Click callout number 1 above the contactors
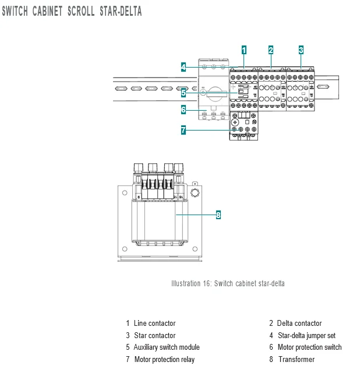tap(244, 50)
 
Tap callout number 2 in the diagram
tap(271, 50)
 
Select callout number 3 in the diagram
tap(301, 50)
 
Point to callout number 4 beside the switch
tap(183, 67)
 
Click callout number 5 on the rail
tap(183, 93)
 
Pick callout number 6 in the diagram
tap(183, 110)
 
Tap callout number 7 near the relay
tap(183, 130)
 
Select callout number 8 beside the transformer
tap(218, 215)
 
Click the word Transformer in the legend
tap(297, 359)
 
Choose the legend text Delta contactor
tap(299, 323)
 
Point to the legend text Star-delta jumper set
tap(306, 335)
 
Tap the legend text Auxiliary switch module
tap(167, 347)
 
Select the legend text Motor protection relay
tap(164, 359)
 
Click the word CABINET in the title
tap(48, 11)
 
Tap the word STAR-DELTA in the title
tap(121, 11)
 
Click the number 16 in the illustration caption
tap(207, 283)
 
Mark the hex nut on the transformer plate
tap(195, 193)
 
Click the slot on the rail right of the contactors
tap(323, 87)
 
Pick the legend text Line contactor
tap(155, 323)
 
